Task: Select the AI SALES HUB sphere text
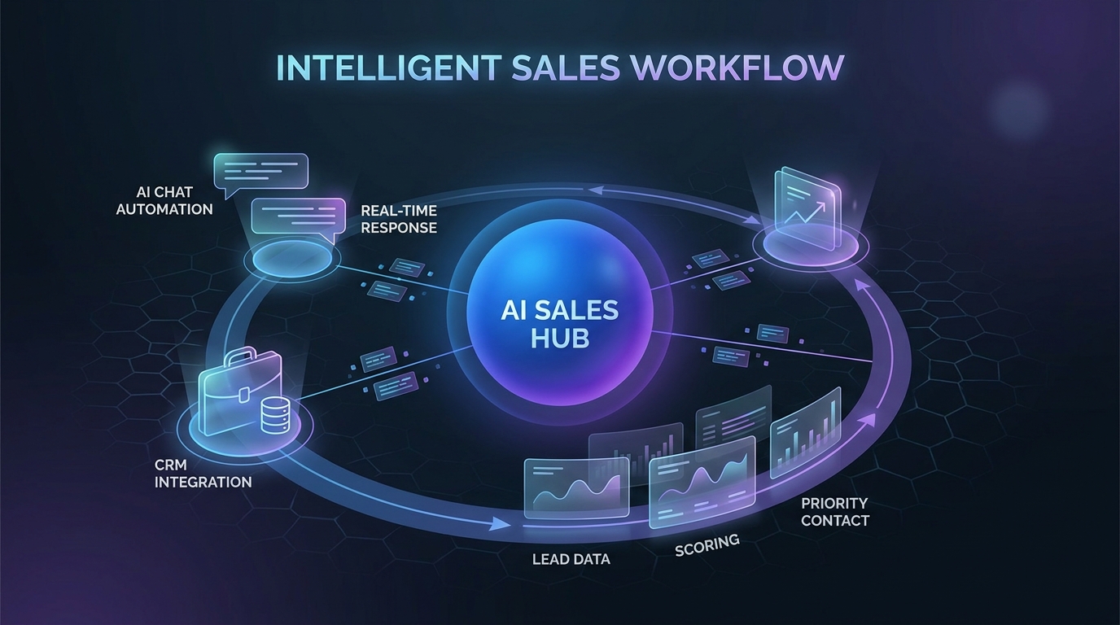(x=561, y=324)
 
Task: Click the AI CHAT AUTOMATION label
(x=164, y=201)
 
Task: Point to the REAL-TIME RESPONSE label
(x=399, y=219)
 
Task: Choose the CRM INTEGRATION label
(x=203, y=474)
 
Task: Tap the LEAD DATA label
(x=571, y=559)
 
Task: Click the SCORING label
(x=707, y=544)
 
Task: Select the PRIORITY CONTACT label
(x=834, y=512)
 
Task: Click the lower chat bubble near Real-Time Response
(x=294, y=217)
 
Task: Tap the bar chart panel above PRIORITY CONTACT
(x=805, y=431)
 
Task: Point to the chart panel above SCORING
(x=702, y=480)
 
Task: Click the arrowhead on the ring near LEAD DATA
(x=496, y=525)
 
